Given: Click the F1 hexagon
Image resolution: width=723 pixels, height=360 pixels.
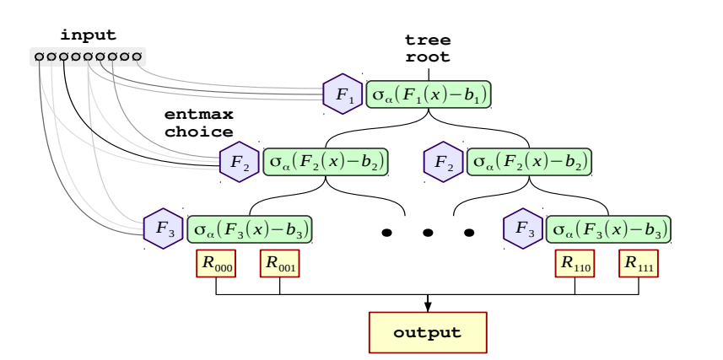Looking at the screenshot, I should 343,94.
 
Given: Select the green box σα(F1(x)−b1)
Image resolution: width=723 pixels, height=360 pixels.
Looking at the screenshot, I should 429,94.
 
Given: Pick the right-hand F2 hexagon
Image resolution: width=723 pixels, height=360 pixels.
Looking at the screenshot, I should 444,161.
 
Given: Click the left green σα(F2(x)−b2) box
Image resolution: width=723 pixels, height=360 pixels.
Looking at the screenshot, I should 326,161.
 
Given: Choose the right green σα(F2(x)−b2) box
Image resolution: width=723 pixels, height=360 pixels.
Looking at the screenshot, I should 530,161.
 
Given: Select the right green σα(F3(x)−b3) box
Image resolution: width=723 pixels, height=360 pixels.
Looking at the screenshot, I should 608,228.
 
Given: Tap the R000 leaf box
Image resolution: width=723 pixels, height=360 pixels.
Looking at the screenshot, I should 216,264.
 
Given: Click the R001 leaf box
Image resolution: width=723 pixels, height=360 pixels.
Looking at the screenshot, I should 280,264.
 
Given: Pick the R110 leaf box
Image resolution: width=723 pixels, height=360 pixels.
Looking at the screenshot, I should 575,264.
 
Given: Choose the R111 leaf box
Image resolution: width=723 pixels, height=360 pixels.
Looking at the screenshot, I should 639,264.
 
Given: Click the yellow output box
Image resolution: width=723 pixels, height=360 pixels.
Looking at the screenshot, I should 428,331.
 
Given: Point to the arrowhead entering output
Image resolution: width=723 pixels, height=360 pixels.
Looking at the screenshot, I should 428,306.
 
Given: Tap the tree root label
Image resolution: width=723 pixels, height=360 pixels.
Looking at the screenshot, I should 429,49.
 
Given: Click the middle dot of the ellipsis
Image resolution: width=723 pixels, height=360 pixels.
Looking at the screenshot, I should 428,232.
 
